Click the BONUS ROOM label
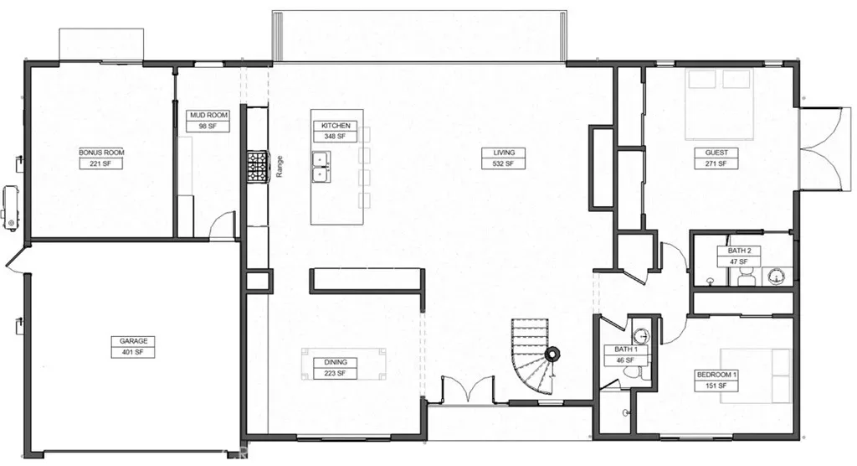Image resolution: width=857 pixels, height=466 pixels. coord(101,153)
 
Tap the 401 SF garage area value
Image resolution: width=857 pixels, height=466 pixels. coord(133,352)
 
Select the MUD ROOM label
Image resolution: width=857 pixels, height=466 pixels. coord(208,116)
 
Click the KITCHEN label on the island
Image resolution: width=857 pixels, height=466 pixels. coord(336,126)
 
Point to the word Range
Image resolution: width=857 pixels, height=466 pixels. coord(280,167)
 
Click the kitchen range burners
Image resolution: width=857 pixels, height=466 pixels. coord(258,167)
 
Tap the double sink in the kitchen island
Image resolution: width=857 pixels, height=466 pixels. coord(321,167)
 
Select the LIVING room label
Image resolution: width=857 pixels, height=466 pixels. coord(503,153)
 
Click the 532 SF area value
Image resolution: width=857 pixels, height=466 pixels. coord(503,163)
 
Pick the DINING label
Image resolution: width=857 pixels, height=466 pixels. coord(336,362)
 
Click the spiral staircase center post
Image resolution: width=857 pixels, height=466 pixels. coord(552,354)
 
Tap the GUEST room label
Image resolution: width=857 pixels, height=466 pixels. coord(716,153)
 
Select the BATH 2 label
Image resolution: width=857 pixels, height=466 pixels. coord(740,251)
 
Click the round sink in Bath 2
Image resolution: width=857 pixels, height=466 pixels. coord(776,277)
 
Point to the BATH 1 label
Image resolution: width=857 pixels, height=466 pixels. coord(626,349)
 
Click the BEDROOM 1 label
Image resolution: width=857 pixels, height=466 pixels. coord(717,375)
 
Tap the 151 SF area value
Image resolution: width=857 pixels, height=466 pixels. coord(717,386)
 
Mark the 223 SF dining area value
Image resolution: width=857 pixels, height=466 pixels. coord(336,374)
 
